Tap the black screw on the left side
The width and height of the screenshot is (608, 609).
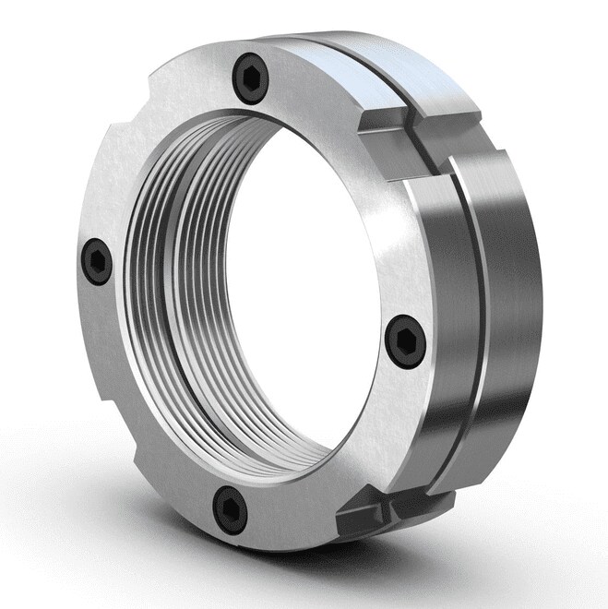(97, 261)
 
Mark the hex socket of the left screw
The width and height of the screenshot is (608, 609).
(97, 261)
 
